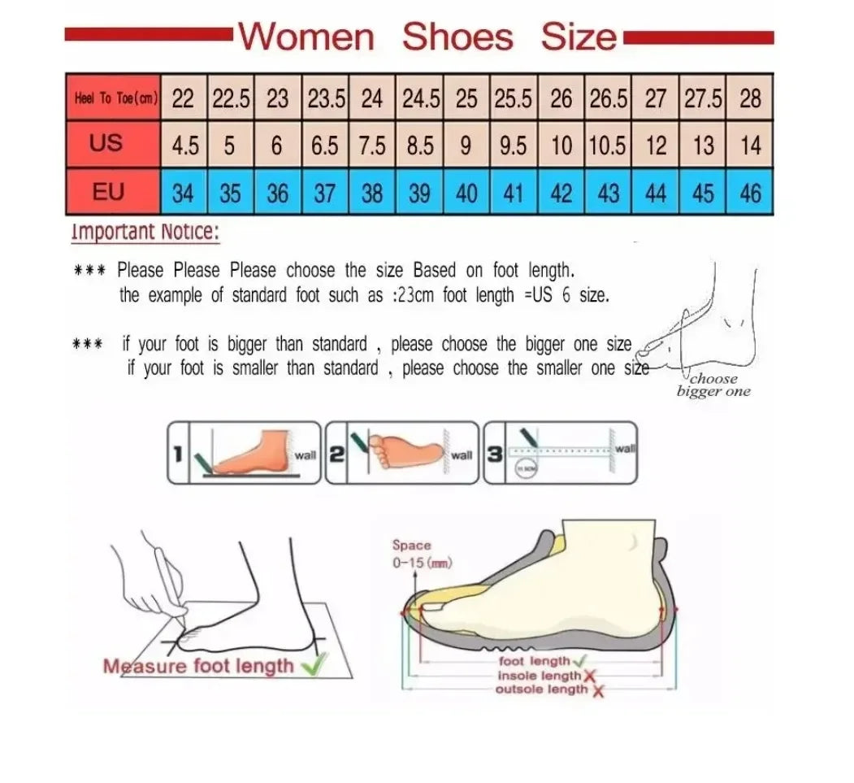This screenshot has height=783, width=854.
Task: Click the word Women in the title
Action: tap(307, 37)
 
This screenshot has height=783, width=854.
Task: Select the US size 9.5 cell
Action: tap(514, 146)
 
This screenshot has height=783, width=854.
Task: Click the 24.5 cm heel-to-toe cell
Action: tap(419, 98)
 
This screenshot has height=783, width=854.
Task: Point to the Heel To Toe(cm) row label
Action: tap(115, 98)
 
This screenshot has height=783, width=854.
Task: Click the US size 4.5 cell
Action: tap(184, 146)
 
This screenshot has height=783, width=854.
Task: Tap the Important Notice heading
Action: tap(145, 232)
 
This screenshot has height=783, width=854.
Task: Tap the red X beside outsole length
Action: tap(599, 690)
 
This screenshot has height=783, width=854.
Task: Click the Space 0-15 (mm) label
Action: tap(421, 554)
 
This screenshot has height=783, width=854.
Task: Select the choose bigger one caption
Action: tap(713, 385)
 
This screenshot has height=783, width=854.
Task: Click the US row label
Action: tap(106, 144)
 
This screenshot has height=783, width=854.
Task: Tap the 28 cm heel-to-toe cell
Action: tap(751, 98)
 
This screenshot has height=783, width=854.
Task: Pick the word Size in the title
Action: tap(579, 37)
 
